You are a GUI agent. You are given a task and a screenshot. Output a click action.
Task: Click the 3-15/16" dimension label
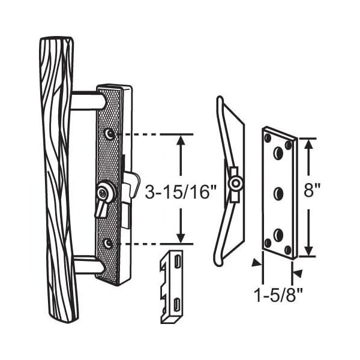coord(181,192)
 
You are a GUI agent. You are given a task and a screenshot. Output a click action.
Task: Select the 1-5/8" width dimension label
coord(278,295)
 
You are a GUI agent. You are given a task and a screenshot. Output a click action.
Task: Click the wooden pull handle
coord(59,179)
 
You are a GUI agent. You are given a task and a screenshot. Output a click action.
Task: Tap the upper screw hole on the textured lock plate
coord(109,134)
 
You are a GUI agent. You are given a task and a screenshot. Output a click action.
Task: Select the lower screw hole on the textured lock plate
coord(108,243)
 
